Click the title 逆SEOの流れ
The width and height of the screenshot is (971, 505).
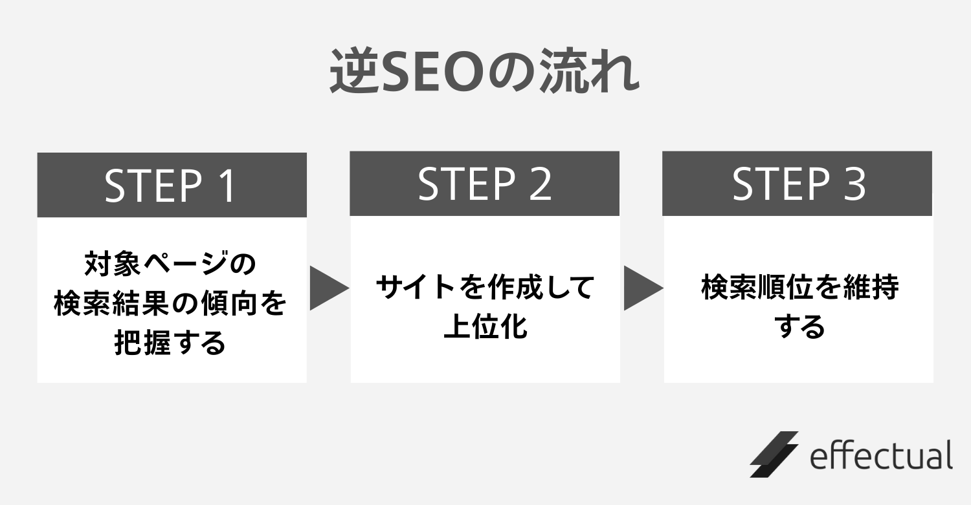coord(484,71)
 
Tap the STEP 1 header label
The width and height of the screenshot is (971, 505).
coord(170,186)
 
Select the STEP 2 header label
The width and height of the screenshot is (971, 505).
coord(485,184)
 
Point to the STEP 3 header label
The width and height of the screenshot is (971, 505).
coord(798,184)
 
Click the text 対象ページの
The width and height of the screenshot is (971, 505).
coord(170,263)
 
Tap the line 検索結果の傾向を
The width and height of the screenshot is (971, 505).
coord(170,303)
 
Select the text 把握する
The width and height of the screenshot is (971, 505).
coord(170,343)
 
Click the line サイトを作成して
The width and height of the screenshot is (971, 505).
coord(485,286)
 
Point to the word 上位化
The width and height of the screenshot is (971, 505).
coord(485,326)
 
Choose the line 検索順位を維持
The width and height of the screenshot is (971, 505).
coord(799,286)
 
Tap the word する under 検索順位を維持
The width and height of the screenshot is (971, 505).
coord(799,327)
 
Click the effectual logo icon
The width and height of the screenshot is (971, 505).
coord(774,455)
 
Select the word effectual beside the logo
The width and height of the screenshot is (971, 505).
coord(881,455)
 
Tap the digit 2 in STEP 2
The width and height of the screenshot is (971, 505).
coord(541,184)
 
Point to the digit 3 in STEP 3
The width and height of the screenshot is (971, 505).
coord(854,184)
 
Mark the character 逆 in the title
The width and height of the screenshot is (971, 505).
coord(353,72)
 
